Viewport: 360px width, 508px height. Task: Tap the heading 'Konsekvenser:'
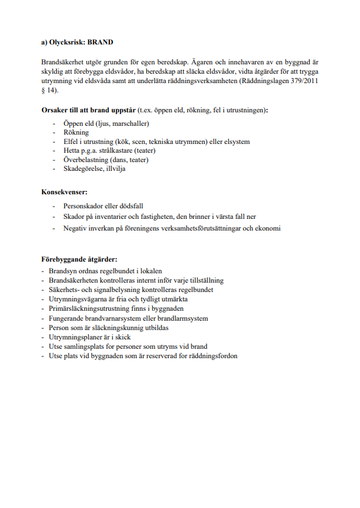coord(64,192)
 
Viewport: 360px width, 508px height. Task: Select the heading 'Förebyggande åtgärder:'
coord(79,259)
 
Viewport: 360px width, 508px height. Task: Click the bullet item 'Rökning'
coord(76,133)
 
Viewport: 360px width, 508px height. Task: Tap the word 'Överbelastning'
coord(87,160)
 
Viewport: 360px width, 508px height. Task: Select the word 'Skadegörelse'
coord(84,169)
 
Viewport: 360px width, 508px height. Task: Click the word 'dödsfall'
coord(131,206)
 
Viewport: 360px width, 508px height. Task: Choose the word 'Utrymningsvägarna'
coord(77,299)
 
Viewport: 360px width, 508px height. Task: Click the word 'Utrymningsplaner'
coord(74,337)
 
